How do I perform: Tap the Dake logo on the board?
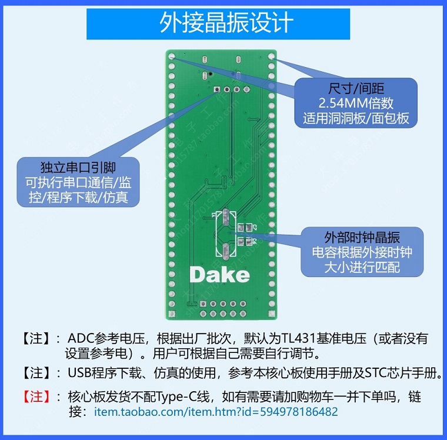pos(219,275)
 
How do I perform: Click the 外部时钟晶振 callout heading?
pos(362,237)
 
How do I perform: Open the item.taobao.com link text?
pos(216,412)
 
